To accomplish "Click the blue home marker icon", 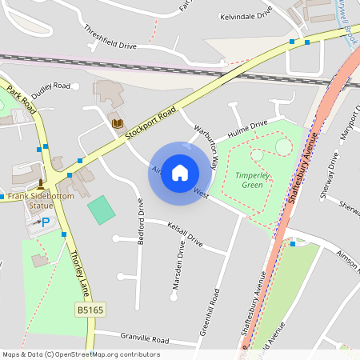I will click(180, 173).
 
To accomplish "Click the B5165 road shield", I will click(91, 310).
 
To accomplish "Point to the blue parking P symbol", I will click(45, 222).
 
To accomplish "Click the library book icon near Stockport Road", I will click(118, 123).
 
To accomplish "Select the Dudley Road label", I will click(50, 88).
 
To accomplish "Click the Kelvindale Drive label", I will click(247, 16).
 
